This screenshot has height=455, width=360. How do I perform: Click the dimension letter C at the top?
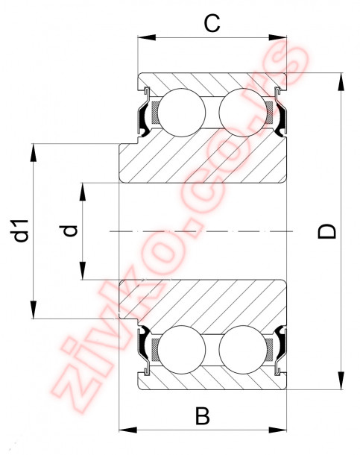click(212, 24)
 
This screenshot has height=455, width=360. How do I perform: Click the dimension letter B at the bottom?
click(203, 415)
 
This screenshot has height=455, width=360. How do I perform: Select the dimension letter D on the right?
click(327, 231)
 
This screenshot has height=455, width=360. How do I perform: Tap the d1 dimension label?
click(22, 230)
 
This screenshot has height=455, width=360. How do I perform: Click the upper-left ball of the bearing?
click(182, 113)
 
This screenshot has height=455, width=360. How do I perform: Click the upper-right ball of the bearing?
click(243, 113)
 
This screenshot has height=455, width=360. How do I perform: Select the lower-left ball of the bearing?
click(182, 350)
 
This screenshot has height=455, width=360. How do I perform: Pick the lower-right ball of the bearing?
click(243, 350)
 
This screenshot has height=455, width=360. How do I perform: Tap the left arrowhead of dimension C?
click(147, 38)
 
